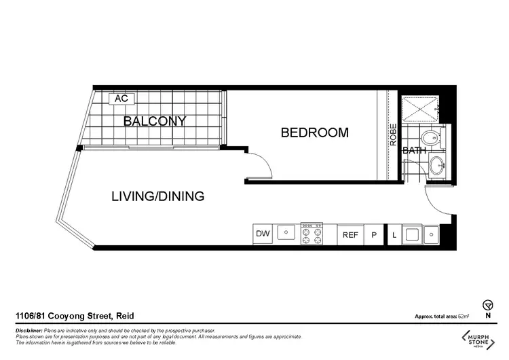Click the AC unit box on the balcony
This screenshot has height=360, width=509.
tap(121, 99)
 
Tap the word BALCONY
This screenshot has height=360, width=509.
tap(154, 122)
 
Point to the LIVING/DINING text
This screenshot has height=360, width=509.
tap(157, 197)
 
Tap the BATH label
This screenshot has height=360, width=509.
tap(414, 151)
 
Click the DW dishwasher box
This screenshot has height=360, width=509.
tap(263, 234)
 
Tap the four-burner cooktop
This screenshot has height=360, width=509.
tap(311, 234)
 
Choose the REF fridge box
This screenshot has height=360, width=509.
tap(350, 234)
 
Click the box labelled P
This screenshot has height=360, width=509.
tap(373, 234)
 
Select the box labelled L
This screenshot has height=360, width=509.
tap(394, 234)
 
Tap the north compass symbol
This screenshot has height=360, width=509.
tap(487, 305)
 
